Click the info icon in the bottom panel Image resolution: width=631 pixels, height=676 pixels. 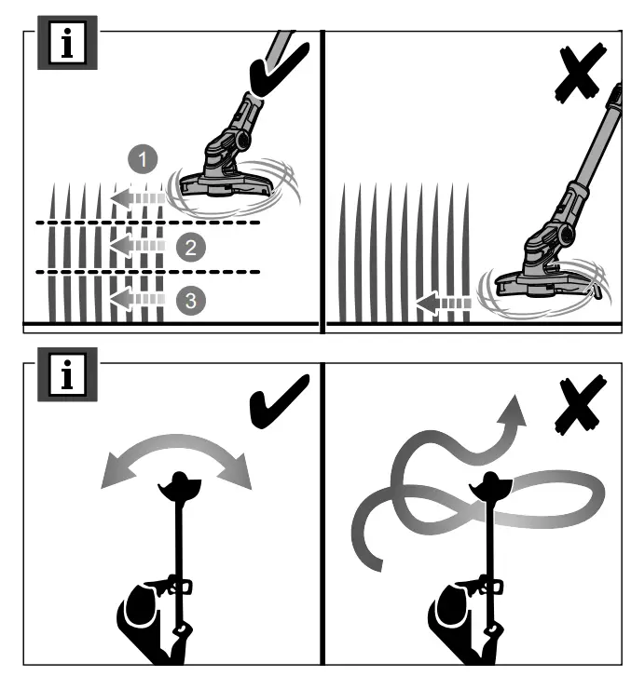click(67, 379)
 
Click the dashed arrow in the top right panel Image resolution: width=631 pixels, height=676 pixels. click(443, 303)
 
